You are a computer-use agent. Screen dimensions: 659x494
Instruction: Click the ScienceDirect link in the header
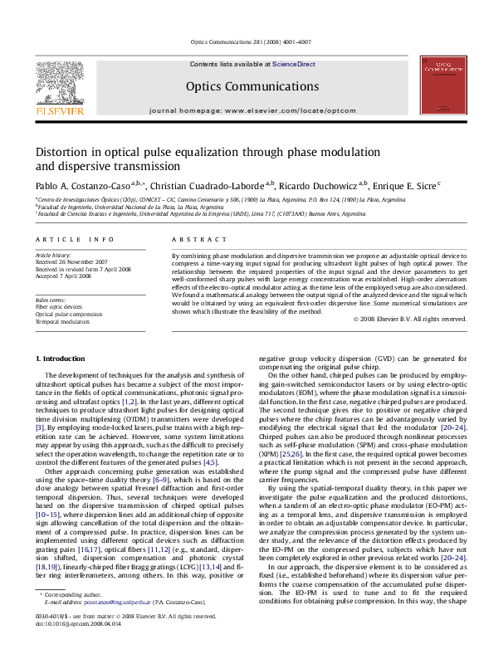pos(294,64)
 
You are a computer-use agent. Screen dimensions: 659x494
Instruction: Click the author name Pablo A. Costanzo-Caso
pos(81,185)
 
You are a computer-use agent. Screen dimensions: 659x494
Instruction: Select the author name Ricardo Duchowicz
pos(317,185)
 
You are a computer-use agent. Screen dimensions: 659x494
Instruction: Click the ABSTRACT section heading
pos(187,239)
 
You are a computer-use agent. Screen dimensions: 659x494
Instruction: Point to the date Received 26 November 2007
pos(76,263)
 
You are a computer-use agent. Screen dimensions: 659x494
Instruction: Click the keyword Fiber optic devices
pos(59,306)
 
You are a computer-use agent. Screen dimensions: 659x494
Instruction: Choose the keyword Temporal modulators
pos(61,320)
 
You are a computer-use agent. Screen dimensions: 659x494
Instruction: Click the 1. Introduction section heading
pos(63,358)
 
